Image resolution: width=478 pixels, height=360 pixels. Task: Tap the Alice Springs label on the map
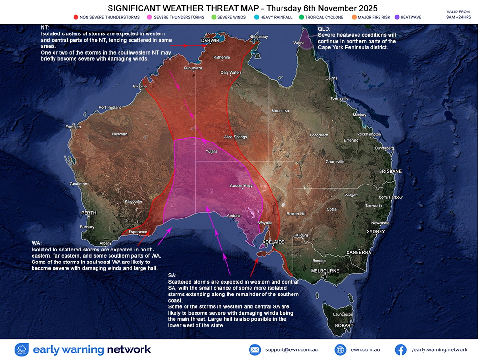coord(235,137)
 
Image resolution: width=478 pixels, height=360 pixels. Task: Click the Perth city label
coord(88,213)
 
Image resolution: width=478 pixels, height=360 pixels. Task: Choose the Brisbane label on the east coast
coord(390,171)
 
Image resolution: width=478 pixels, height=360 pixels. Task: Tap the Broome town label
coord(140,86)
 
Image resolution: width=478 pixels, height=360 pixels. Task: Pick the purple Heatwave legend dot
coord(398,17)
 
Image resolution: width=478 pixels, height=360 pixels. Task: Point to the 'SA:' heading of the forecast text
coord(173,276)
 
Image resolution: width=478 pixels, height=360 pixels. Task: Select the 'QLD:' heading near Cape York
coord(324,29)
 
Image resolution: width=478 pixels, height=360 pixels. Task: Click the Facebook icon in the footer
coord(401,349)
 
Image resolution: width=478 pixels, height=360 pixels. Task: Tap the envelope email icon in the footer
coord(255,349)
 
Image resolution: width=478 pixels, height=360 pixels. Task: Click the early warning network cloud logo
coord(22,349)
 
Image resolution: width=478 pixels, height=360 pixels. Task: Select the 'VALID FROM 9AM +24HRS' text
coord(458,14)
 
